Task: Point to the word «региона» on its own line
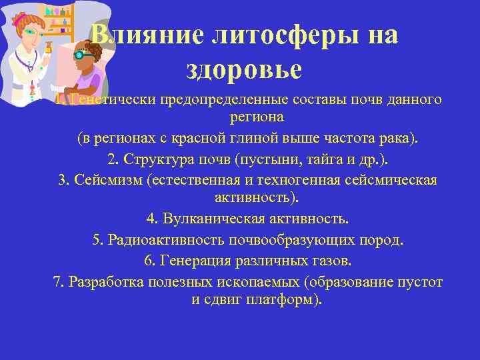coord(257,117)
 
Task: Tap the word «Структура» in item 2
coord(153,160)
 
